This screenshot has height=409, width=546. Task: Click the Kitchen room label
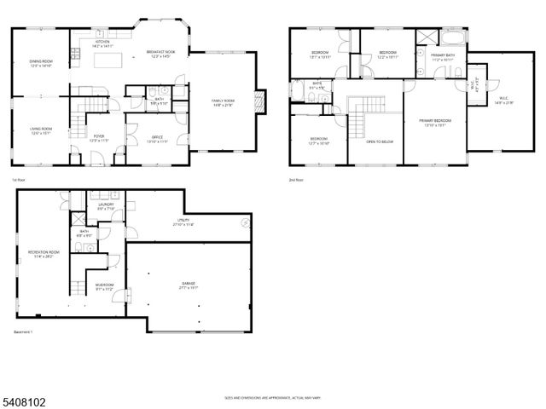[x=102, y=43]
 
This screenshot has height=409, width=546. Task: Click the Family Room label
[x=224, y=103]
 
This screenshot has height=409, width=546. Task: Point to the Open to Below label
[x=379, y=141]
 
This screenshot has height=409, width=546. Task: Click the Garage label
[x=189, y=287]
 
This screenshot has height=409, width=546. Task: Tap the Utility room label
[x=183, y=222]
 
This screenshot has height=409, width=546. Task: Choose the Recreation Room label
[x=42, y=254]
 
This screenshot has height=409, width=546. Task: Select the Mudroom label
[x=104, y=287]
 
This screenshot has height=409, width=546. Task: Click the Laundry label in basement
[x=106, y=206]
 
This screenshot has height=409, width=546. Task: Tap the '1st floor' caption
[x=19, y=180]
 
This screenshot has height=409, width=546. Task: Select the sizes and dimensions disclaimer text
[x=273, y=397]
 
